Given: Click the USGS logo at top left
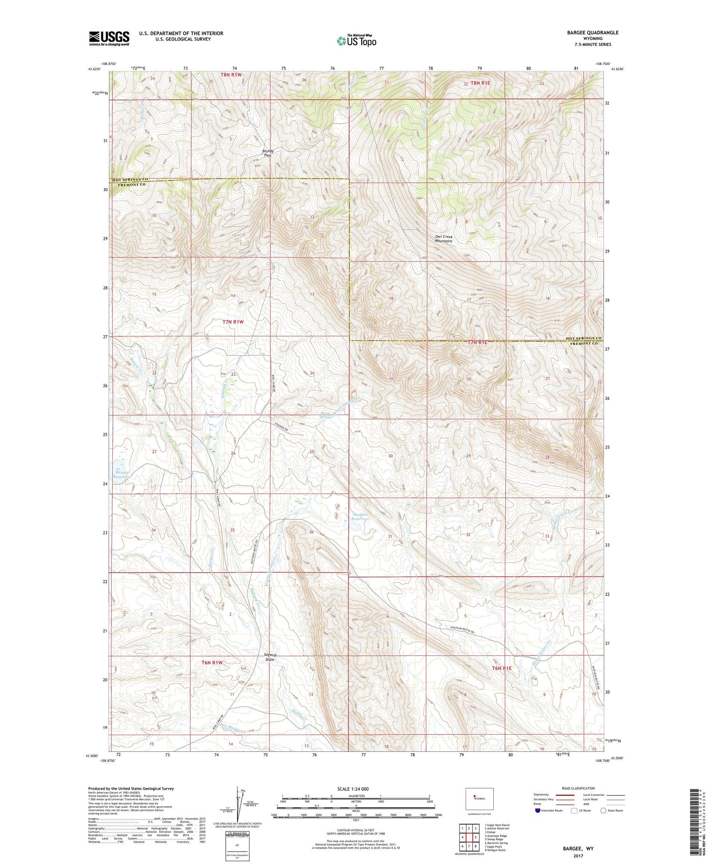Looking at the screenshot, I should (109, 38).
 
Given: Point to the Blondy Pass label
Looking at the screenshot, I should (268, 153).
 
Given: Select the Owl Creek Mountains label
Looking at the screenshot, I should (444, 239).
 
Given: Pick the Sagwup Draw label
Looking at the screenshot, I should (271, 657).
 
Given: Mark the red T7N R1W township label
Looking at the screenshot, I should (233, 322).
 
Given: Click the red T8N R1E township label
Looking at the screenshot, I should (480, 83).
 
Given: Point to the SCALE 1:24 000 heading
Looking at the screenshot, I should (353, 789).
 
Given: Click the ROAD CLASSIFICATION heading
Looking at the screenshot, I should (578, 788).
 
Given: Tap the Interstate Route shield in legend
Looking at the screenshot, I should (538, 811).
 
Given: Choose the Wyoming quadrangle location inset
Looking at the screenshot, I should (479, 799).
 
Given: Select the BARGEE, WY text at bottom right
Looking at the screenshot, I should (577, 848).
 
